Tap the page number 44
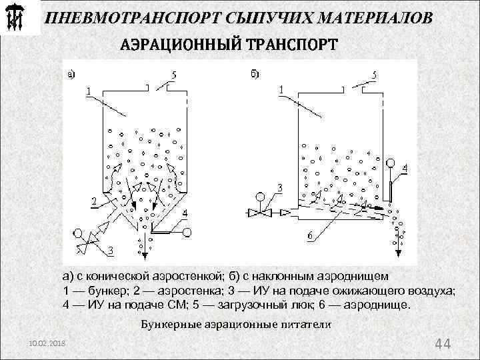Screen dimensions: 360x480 click(x=443, y=344)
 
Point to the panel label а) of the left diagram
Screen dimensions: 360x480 click(x=71, y=75)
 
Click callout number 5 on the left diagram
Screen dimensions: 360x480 click(x=174, y=76)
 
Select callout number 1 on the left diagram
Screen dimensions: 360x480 click(x=88, y=90)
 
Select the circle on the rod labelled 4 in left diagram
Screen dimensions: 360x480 click(x=187, y=232)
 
